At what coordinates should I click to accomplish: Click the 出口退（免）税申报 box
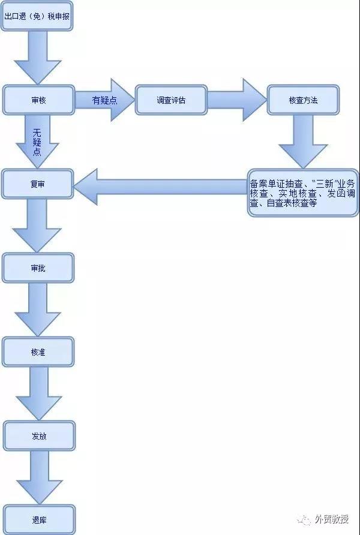[37, 16]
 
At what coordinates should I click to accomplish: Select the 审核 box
[38, 100]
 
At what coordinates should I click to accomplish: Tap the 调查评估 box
[171, 100]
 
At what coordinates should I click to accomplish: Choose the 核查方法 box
[303, 100]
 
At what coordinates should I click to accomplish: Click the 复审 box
[38, 184]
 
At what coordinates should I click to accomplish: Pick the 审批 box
[38, 268]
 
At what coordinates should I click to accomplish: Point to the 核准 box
[38, 352]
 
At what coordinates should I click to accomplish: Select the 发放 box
[39, 435]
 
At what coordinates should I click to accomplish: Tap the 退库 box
[39, 519]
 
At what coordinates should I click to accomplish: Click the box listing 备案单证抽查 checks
[303, 193]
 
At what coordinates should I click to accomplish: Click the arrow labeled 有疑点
[105, 100]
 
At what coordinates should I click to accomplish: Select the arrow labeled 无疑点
[38, 142]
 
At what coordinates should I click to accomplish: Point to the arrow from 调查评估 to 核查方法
[237, 100]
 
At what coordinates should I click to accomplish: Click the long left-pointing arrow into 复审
[160, 187]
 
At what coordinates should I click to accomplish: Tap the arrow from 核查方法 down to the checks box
[303, 142]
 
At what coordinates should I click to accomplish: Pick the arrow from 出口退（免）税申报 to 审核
[37, 58]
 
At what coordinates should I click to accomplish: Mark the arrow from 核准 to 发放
[38, 393]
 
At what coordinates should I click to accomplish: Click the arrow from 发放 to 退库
[39, 477]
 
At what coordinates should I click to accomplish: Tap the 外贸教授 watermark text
[332, 519]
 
